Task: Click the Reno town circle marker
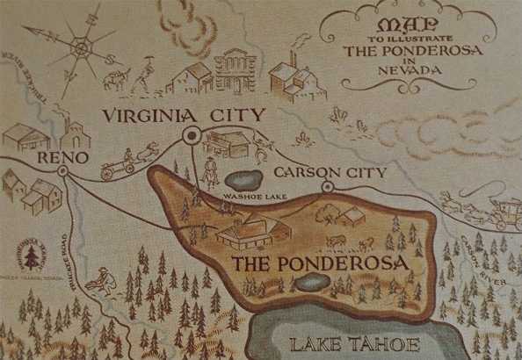point(63,170)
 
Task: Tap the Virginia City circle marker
point(190,134)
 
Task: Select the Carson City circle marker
point(327,186)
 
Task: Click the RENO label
point(63,157)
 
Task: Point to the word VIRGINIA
point(144,116)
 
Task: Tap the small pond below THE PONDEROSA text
point(313,283)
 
